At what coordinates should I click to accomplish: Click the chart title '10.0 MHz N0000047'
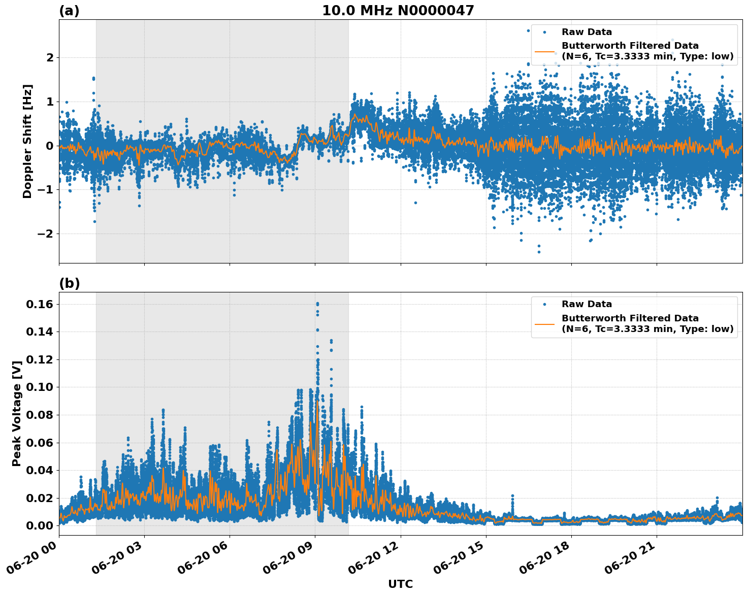[398, 11]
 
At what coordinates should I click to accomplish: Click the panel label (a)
[69, 11]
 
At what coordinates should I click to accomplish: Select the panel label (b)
[69, 283]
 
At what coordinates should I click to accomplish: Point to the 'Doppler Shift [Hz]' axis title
[27, 141]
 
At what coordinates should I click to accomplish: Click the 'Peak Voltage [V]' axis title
[17, 413]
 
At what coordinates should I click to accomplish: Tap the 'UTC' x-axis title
[400, 584]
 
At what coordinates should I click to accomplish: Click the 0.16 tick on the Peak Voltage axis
[40, 304]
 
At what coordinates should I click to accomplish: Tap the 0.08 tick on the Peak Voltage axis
[40, 415]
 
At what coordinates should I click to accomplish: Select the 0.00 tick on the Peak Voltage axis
[40, 525]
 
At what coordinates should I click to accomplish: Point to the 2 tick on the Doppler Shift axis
[50, 58]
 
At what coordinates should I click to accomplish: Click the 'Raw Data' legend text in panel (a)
[587, 32]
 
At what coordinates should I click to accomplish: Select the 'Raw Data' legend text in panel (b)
[587, 304]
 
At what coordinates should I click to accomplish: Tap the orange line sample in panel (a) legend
[544, 51]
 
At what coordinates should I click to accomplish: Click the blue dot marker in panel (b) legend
[544, 304]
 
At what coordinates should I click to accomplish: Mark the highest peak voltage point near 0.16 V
[317, 304]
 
